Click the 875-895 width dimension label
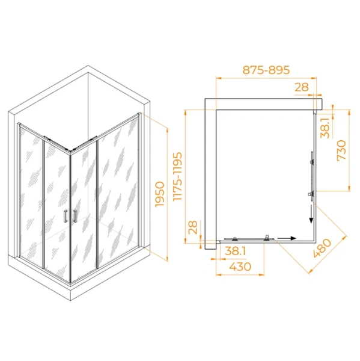click(266, 70)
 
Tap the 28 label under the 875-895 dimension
click(302, 87)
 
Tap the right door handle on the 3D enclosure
click(75, 217)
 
